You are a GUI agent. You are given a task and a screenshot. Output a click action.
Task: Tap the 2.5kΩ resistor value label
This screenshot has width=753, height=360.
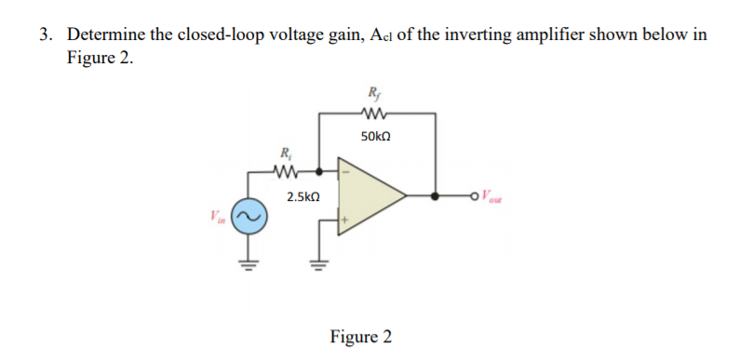pos(303,197)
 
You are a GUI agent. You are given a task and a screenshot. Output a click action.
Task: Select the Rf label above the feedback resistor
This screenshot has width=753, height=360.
pos(374,92)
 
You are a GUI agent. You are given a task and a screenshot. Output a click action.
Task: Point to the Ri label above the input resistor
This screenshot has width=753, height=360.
pos(284,153)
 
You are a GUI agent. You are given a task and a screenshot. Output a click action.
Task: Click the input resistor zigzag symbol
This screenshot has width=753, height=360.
pos(285,171)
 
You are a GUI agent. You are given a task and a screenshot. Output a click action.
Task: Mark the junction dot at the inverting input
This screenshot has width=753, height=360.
pos(320,171)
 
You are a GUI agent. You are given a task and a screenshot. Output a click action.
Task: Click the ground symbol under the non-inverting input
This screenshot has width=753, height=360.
pos(321,261)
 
